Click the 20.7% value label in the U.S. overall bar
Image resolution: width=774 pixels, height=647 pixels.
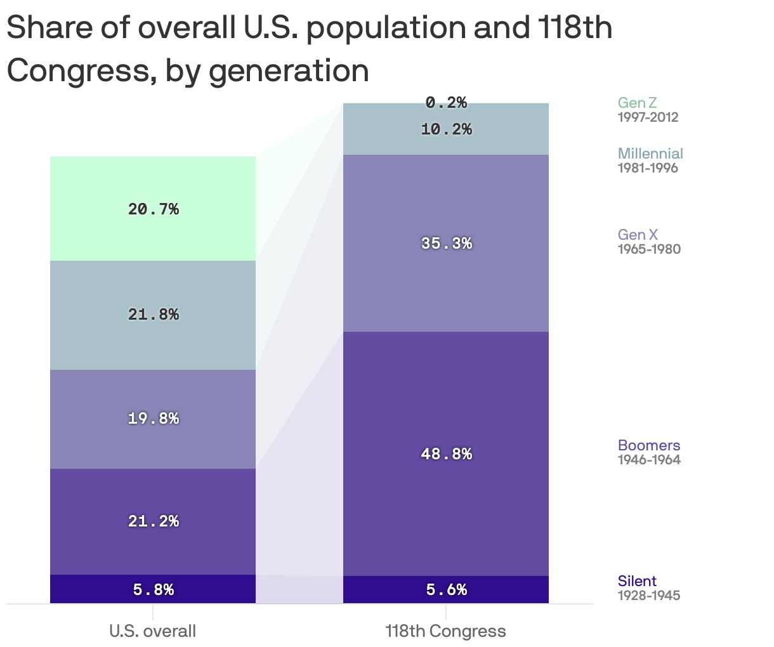coord(154,209)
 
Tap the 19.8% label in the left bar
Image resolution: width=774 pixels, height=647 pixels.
coord(154,419)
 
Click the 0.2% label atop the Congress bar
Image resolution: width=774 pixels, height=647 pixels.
coord(446,102)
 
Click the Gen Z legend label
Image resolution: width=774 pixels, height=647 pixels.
coord(637,103)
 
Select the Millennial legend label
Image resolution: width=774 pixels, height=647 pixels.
coord(650,154)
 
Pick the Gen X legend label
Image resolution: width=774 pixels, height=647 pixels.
coord(638,235)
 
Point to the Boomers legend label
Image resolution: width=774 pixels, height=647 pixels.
coord(648,445)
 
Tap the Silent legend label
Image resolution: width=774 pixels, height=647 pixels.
coord(637,581)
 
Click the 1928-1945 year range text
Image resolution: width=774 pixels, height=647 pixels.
coord(648,596)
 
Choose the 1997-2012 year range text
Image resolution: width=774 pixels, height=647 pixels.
coord(648,117)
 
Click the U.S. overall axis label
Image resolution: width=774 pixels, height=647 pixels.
coord(153,631)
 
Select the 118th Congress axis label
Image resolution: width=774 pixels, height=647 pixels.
coord(445,631)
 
